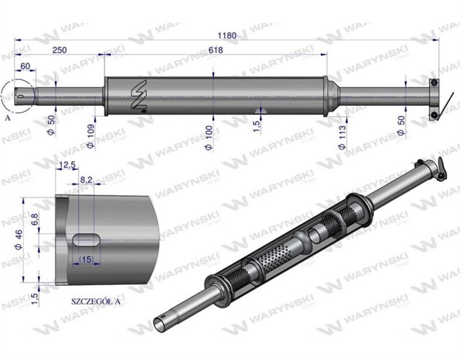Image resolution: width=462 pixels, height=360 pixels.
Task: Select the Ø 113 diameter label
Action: tap(342, 135)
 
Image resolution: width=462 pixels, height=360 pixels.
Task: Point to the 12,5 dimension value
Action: tap(69, 165)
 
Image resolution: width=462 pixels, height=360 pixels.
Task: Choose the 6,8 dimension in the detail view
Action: tap(35, 216)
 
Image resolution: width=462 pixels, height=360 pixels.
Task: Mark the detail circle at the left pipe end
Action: tap(17, 95)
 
